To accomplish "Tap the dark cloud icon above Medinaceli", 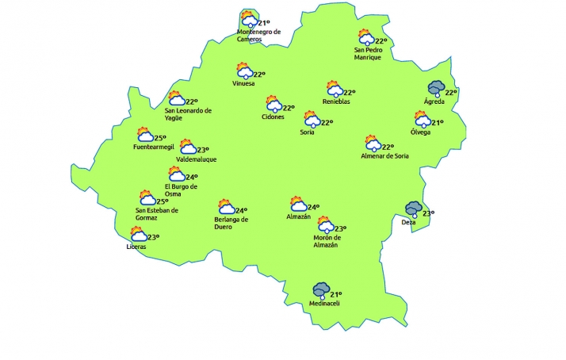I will coord(321,290).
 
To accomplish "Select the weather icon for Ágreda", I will coord(435,89).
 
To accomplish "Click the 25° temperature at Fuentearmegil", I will coord(159,137).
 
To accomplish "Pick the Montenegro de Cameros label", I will coord(259,36).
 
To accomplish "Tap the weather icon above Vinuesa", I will coord(243,71).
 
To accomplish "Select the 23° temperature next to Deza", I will coord(428,213).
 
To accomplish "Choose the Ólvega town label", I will coord(421,132).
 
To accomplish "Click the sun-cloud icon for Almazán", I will coord(298,204).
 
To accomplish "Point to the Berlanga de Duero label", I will coord(231,224).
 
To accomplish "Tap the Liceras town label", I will coord(136,247).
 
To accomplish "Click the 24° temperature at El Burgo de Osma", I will coord(191,177).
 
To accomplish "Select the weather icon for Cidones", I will coord(273,105).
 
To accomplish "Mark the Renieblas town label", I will coord(336,101).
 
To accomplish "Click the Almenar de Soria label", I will coord(384,156).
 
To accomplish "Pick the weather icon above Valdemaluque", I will coord(188,147).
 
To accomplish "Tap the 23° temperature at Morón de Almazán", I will coord(341,228).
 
